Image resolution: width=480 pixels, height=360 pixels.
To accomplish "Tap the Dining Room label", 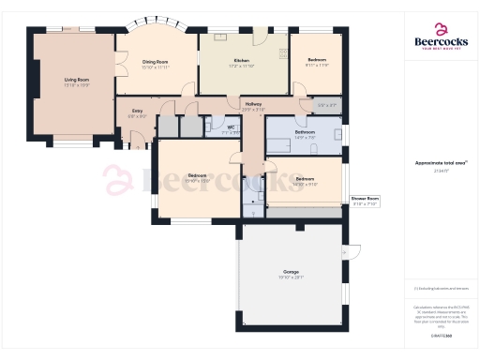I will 155,63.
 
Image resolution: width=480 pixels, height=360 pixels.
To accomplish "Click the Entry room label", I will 137,112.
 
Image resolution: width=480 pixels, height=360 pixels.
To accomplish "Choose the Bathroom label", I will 305,133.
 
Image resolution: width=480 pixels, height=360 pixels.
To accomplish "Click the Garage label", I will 291,274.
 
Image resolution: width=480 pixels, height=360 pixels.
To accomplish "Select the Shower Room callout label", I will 365,201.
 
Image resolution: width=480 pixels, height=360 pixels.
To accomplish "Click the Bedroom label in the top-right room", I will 317,62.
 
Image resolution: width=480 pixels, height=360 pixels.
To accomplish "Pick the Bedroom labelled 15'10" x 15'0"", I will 198,177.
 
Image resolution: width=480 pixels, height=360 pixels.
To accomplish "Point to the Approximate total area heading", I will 440,163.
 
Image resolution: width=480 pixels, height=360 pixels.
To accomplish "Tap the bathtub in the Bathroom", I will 281,144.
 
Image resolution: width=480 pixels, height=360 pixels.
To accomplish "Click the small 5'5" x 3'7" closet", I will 326,105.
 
